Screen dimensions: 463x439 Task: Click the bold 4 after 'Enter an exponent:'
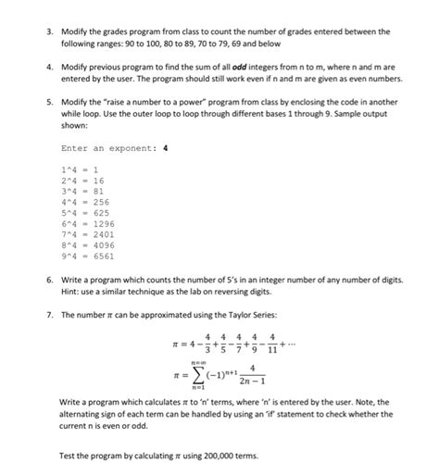pos(165,146)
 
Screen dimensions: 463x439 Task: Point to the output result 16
pos(97,181)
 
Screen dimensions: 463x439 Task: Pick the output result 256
pos(100,201)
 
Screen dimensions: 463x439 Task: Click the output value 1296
pos(103,223)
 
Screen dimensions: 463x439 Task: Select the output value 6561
pos(103,255)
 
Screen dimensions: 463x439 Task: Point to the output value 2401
pos(103,234)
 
